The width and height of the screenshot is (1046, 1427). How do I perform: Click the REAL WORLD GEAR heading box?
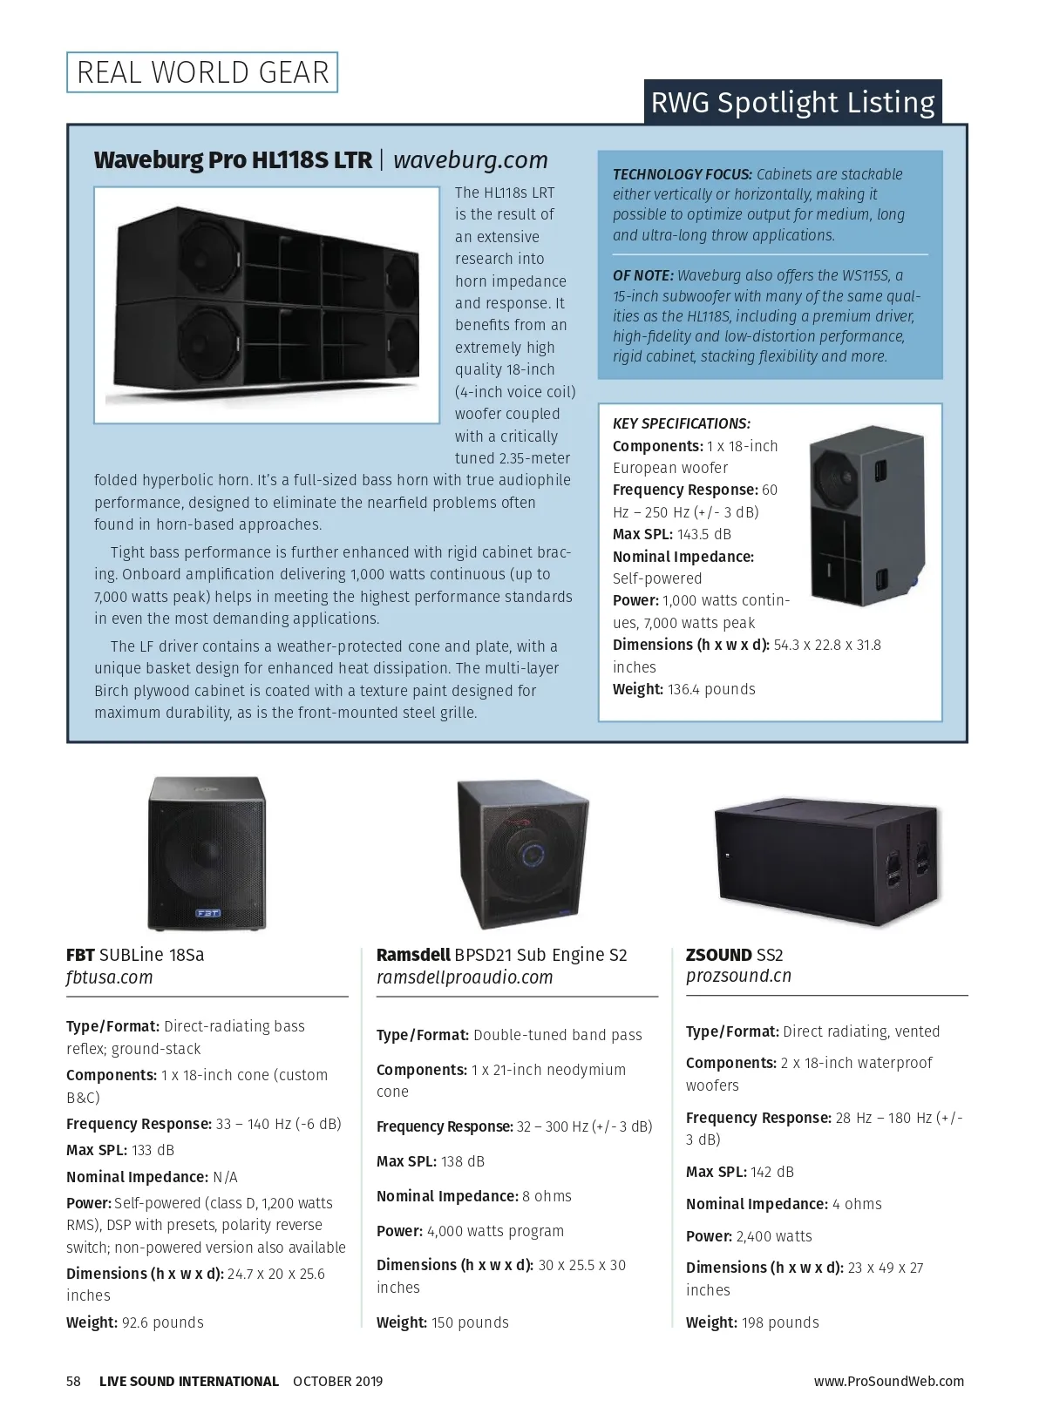[202, 72]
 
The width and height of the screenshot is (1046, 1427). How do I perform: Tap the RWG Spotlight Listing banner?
[792, 103]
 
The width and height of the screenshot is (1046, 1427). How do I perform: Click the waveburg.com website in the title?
[471, 160]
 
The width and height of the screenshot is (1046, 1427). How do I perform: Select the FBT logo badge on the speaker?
[207, 913]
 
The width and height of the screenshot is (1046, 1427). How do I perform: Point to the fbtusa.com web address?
[110, 977]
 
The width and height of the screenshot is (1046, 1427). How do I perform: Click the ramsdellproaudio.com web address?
[465, 977]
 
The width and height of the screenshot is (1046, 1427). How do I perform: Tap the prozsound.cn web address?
[738, 976]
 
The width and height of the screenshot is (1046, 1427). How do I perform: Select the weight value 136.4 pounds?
[711, 689]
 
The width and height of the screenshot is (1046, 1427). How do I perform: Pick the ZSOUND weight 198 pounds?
[780, 1322]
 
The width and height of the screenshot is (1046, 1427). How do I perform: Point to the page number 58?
[73, 1381]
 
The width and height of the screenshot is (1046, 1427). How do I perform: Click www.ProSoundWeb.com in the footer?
[889, 1381]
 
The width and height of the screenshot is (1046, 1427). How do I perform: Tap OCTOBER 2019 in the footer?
[338, 1381]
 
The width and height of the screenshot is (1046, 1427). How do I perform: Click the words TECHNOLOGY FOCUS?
[682, 174]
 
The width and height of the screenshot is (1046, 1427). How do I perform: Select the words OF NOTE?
[642, 275]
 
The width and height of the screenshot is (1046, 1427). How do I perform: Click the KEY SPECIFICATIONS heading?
[682, 424]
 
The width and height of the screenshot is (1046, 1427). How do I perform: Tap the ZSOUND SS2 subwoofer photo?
[829, 854]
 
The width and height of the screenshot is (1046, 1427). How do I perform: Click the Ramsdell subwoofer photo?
[520, 854]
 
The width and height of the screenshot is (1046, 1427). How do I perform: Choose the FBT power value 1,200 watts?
[297, 1203]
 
